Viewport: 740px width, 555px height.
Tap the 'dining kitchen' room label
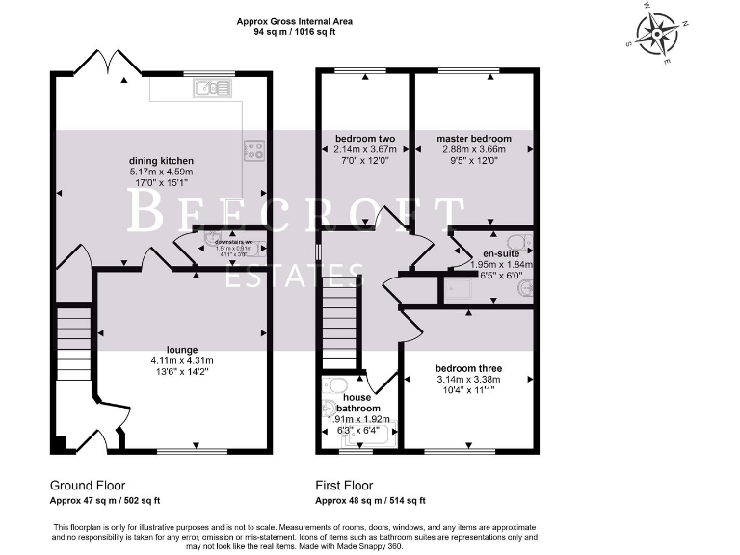click(162, 161)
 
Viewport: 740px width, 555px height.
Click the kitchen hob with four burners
click(255, 149)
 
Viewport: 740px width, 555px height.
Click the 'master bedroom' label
click(473, 139)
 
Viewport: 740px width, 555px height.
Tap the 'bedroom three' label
click(468, 368)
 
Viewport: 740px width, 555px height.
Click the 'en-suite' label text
click(500, 253)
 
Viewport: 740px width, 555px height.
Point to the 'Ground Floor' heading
click(88, 486)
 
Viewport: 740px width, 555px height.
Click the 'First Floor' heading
click(344, 486)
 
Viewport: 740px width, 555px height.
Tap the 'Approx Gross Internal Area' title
click(294, 20)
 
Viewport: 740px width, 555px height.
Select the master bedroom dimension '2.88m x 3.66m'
click(473, 150)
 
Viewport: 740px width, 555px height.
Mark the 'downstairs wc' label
click(233, 242)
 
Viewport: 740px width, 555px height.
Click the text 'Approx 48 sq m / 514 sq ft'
click(370, 501)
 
